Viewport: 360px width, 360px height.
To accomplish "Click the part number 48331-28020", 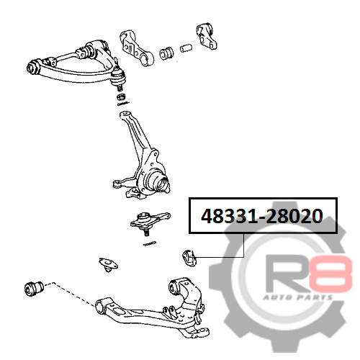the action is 262,216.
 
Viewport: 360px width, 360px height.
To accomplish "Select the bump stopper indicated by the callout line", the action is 189,258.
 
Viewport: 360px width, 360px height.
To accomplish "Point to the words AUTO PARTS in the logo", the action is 297,298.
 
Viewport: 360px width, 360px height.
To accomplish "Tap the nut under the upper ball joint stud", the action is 121,97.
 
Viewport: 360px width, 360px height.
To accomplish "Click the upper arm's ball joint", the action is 118,76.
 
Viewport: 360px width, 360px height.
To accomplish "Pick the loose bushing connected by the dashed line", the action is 34,288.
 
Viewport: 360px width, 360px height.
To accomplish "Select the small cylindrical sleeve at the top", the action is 186,48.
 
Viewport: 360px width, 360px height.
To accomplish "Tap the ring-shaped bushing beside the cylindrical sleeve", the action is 166,54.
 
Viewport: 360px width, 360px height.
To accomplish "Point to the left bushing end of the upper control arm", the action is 33,67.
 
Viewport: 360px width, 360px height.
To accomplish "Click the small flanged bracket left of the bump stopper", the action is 109,264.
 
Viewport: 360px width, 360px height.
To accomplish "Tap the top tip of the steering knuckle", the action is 125,112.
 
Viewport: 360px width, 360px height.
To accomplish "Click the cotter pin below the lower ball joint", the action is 150,243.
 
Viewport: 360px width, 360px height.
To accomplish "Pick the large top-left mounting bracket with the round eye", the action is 136,48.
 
